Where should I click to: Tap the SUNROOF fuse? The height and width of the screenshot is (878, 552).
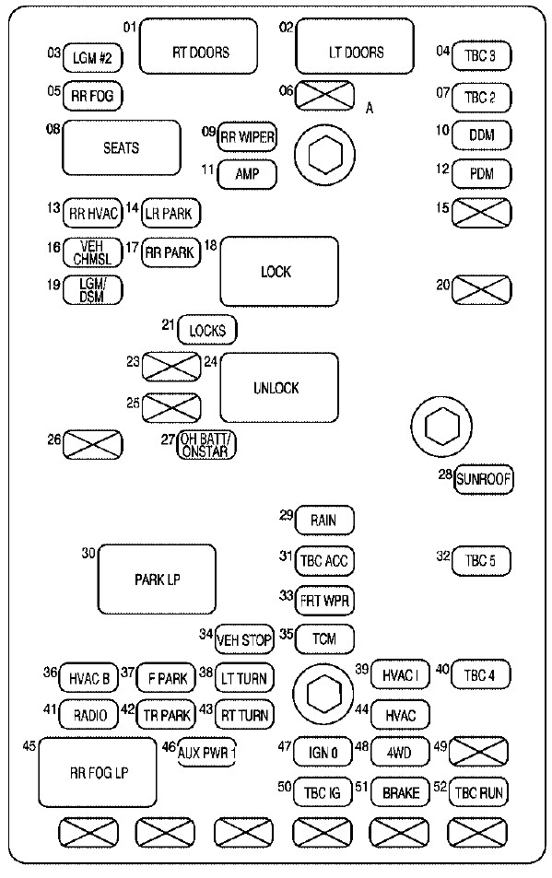click(484, 478)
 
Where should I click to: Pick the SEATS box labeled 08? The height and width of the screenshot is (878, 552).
click(121, 147)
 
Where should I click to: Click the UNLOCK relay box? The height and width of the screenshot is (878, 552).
click(278, 388)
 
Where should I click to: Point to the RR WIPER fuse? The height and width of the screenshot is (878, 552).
click(247, 138)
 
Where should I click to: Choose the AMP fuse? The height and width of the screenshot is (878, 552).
click(247, 172)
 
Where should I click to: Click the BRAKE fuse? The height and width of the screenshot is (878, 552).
click(401, 792)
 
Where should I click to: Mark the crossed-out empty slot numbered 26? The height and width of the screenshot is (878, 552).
click(92, 445)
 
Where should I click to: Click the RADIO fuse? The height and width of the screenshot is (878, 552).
click(90, 714)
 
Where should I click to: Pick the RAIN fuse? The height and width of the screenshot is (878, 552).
click(323, 521)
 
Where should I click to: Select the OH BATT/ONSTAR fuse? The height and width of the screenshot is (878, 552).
click(207, 445)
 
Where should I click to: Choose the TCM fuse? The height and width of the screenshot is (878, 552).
click(323, 638)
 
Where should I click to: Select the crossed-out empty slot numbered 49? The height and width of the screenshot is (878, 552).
click(480, 753)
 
